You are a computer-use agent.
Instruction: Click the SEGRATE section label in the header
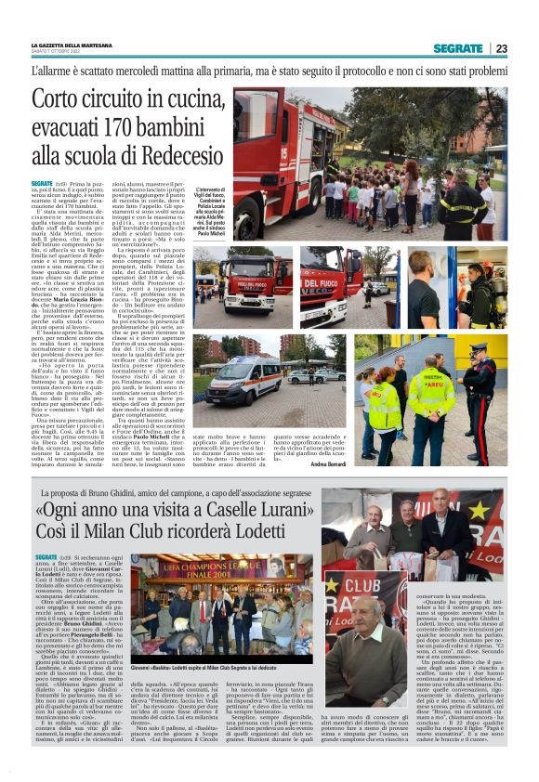tap(457, 48)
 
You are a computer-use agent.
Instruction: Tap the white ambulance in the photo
tap(245, 376)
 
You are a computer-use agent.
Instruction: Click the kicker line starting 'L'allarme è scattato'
tap(269, 71)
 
